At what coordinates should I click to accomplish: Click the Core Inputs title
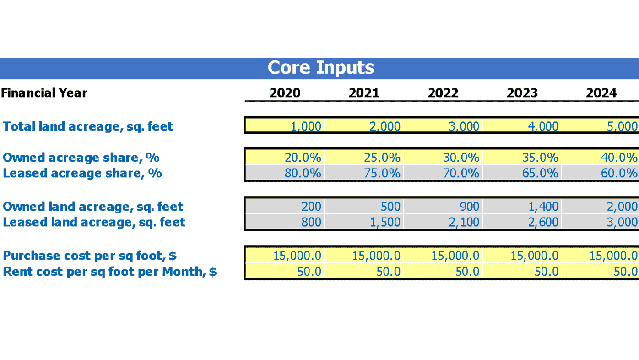[x=320, y=68]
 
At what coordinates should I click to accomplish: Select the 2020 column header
[x=285, y=93]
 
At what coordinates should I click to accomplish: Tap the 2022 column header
[x=443, y=93]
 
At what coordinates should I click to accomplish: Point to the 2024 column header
[x=601, y=93]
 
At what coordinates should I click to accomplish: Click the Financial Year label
[x=44, y=93]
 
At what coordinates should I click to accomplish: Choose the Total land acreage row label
[x=87, y=126]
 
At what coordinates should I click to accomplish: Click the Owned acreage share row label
[x=81, y=157]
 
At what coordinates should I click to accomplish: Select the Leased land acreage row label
[x=94, y=222]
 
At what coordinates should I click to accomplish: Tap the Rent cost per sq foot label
[x=109, y=272]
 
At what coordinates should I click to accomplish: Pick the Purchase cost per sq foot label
[x=90, y=256]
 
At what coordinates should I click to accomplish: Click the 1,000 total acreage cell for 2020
[x=285, y=126]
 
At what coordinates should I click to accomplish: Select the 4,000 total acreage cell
[x=522, y=126]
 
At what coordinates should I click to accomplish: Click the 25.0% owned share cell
[x=364, y=157]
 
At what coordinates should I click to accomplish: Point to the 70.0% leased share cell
[x=443, y=173]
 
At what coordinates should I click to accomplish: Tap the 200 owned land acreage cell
[x=285, y=207]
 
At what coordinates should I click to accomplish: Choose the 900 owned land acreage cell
[x=443, y=207]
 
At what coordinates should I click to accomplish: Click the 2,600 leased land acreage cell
[x=522, y=222]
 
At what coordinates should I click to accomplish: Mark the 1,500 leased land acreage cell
[x=364, y=222]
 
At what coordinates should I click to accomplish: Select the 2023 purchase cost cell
[x=522, y=256]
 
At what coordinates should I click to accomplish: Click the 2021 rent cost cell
[x=364, y=271]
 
